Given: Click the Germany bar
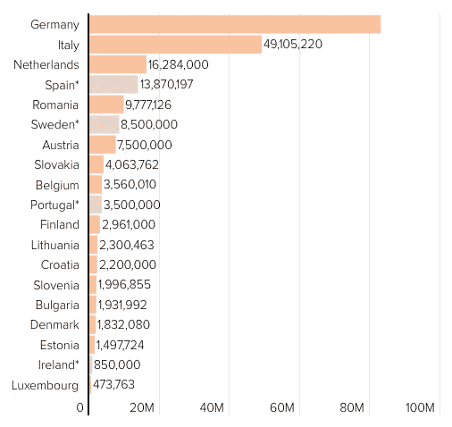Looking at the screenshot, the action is tap(235, 24).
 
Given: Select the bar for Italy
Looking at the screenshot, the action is tap(176, 45).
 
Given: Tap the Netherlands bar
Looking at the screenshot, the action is tap(118, 64).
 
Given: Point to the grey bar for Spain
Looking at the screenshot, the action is tap(114, 85).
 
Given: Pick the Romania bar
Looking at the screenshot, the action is tap(106, 105).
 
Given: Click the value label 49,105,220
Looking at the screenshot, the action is tap(293, 45).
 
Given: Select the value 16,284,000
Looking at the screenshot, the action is tap(178, 64).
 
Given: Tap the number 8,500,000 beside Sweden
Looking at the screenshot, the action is tap(149, 124).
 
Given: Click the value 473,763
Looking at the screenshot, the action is tap(113, 384).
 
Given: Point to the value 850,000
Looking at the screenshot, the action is tap(117, 364).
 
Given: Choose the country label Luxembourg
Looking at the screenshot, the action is tap(46, 386).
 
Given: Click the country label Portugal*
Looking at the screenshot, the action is tap(54, 205).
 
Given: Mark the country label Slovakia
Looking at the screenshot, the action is tap(56, 164).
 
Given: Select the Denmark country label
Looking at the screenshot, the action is tap(54, 324).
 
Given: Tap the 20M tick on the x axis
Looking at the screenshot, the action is tap(142, 407).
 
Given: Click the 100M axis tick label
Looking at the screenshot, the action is tap(420, 407).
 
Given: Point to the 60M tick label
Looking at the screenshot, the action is tap(282, 407).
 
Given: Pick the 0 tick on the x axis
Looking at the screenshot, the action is tap(80, 407).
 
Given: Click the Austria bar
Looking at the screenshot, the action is tap(103, 145).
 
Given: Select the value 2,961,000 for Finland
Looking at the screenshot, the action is tap(129, 224).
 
